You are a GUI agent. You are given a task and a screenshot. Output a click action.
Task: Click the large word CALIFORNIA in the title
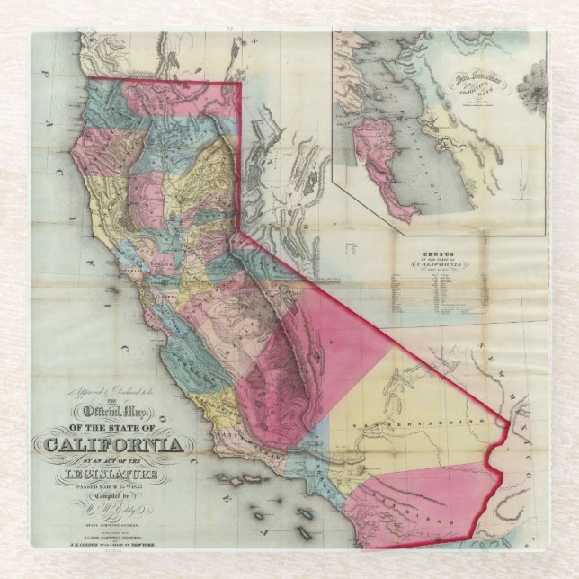coord(113,445)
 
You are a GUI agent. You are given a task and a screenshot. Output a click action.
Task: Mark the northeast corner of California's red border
coord(240,84)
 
